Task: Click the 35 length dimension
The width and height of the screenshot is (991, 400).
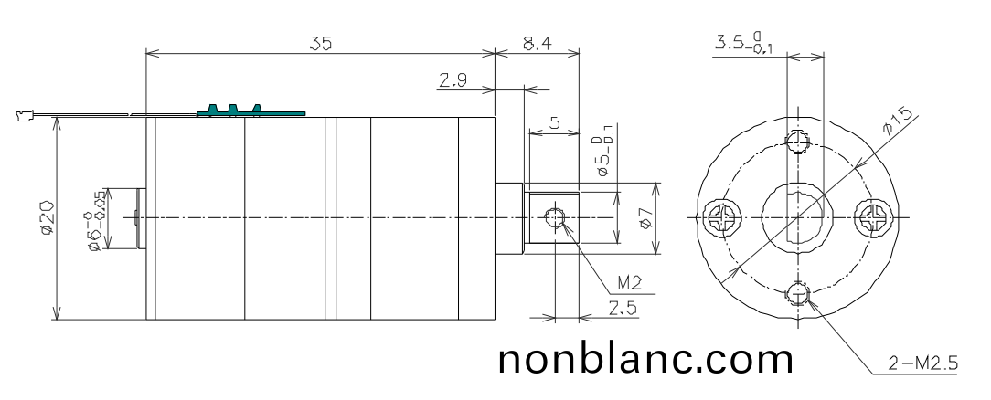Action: (320, 42)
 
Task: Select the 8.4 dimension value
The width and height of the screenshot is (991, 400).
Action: (536, 42)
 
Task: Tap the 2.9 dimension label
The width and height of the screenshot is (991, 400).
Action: (451, 81)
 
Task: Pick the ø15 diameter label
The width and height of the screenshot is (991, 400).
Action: (900, 120)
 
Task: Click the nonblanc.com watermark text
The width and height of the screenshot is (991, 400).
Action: (645, 357)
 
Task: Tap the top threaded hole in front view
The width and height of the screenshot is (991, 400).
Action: (800, 142)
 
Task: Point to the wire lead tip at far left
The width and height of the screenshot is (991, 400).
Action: (23, 115)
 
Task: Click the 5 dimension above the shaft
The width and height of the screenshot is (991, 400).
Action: (555, 124)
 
